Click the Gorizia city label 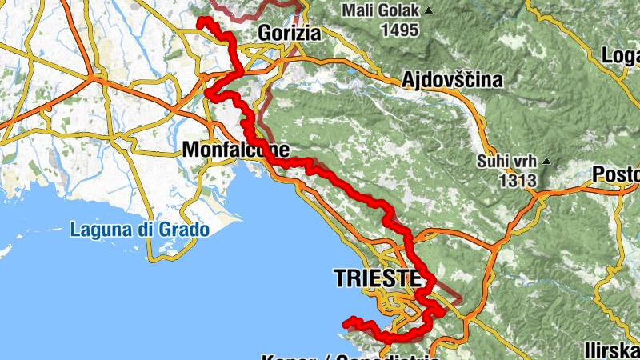[x=289, y=34]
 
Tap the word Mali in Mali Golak [x=357, y=11]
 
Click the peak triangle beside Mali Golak [x=429, y=10]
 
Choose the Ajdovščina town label [x=452, y=80]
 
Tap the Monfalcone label [x=235, y=149]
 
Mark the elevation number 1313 [x=516, y=181]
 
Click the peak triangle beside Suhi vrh [x=547, y=161]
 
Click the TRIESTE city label [x=376, y=278]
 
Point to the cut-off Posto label [x=616, y=174]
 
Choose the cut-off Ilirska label [x=610, y=350]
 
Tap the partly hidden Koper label [x=284, y=357]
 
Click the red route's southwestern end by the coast [x=347, y=323]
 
